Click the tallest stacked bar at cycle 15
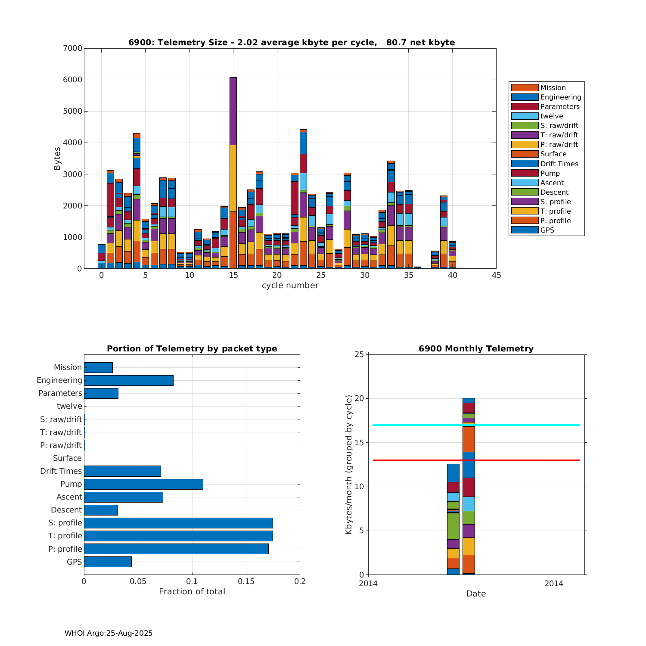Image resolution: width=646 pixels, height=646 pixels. tap(233, 172)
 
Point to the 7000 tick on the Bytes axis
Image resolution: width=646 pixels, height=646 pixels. tap(73, 48)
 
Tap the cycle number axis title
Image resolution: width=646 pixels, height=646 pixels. tap(290, 286)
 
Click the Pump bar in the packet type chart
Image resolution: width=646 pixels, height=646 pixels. tap(143, 484)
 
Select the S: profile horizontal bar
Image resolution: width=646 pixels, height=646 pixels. tap(178, 523)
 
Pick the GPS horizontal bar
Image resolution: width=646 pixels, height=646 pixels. tap(108, 562)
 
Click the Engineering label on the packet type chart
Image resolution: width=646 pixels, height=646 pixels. tap(59, 380)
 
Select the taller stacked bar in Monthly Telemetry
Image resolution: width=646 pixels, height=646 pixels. tap(469, 487)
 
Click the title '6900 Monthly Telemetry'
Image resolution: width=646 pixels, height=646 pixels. tap(476, 349)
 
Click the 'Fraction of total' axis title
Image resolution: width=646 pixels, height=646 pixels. tap(192, 592)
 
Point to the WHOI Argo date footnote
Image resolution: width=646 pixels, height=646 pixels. tap(109, 633)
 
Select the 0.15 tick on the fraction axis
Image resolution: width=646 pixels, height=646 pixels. tap(246, 581)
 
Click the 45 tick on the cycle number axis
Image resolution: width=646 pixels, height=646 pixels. tap(496, 276)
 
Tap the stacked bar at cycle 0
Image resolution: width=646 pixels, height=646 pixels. tap(102, 256)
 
